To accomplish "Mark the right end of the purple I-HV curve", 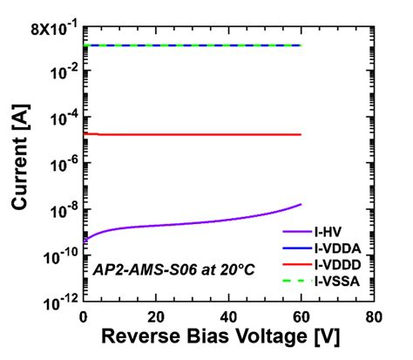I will (x=301, y=204).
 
